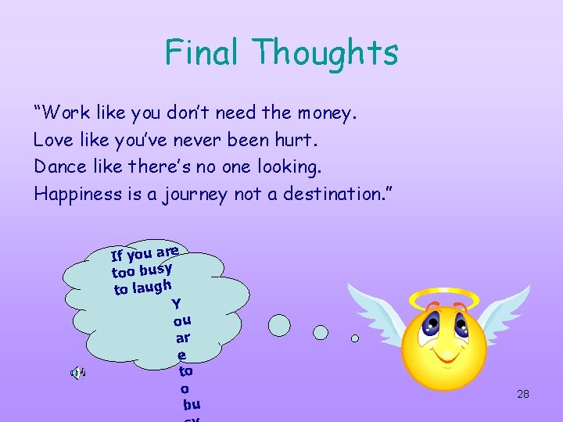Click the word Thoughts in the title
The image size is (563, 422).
click(x=326, y=52)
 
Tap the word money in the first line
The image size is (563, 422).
click(x=325, y=113)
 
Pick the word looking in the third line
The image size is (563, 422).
click(x=293, y=167)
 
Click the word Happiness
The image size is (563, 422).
click(x=77, y=194)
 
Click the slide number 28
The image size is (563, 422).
click(x=523, y=394)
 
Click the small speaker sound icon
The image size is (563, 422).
click(x=78, y=373)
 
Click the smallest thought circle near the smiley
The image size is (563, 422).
click(x=355, y=338)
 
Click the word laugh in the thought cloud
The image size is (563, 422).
click(x=152, y=287)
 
